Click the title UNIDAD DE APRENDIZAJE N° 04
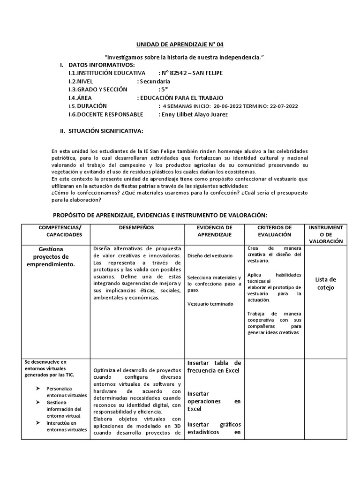[x=180, y=45]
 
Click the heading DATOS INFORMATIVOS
[x=102, y=65]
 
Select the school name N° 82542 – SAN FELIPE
[x=192, y=73]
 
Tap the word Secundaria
[x=155, y=82]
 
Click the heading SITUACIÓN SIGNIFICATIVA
[x=106, y=131]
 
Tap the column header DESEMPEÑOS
[x=136, y=227]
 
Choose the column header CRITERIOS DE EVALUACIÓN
[x=274, y=231]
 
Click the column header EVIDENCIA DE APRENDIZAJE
[x=214, y=231]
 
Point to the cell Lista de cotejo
[x=325, y=284]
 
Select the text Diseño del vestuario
[x=210, y=256]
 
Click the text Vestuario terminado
[x=210, y=304]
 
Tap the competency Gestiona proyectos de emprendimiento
[x=54, y=256]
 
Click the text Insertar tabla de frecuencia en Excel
[x=214, y=367]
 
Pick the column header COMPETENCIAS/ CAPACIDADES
[x=54, y=231]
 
